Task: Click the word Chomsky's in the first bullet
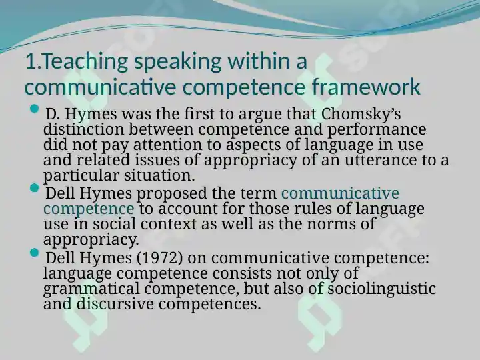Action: (361, 114)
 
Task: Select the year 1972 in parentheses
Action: (159, 258)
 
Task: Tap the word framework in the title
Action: (366, 87)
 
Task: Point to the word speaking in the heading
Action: (177, 62)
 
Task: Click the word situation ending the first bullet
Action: (159, 176)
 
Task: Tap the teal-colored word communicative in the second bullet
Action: (340, 193)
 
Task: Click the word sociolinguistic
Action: (382, 289)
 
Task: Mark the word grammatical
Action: (91, 289)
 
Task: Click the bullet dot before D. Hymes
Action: (35, 109)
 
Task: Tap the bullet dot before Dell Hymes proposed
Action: (35, 188)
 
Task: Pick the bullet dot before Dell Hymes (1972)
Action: (35, 253)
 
